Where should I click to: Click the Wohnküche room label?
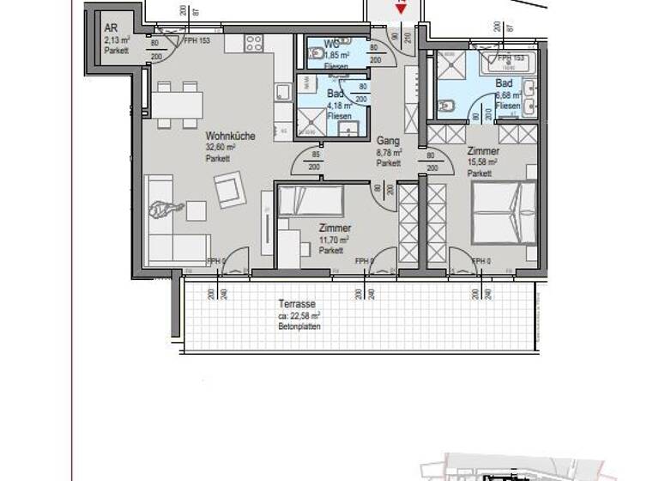(x=229, y=136)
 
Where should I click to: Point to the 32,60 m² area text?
(x=220, y=147)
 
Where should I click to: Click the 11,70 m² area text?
(x=333, y=240)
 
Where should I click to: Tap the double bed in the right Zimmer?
(x=505, y=210)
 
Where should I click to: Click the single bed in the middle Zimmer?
(x=310, y=203)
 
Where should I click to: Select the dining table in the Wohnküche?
(x=178, y=105)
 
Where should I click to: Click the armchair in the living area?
(x=230, y=190)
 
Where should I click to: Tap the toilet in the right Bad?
(x=446, y=106)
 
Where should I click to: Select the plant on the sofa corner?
(x=166, y=209)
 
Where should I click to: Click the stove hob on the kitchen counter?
(x=254, y=43)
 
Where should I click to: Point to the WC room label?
(x=331, y=44)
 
